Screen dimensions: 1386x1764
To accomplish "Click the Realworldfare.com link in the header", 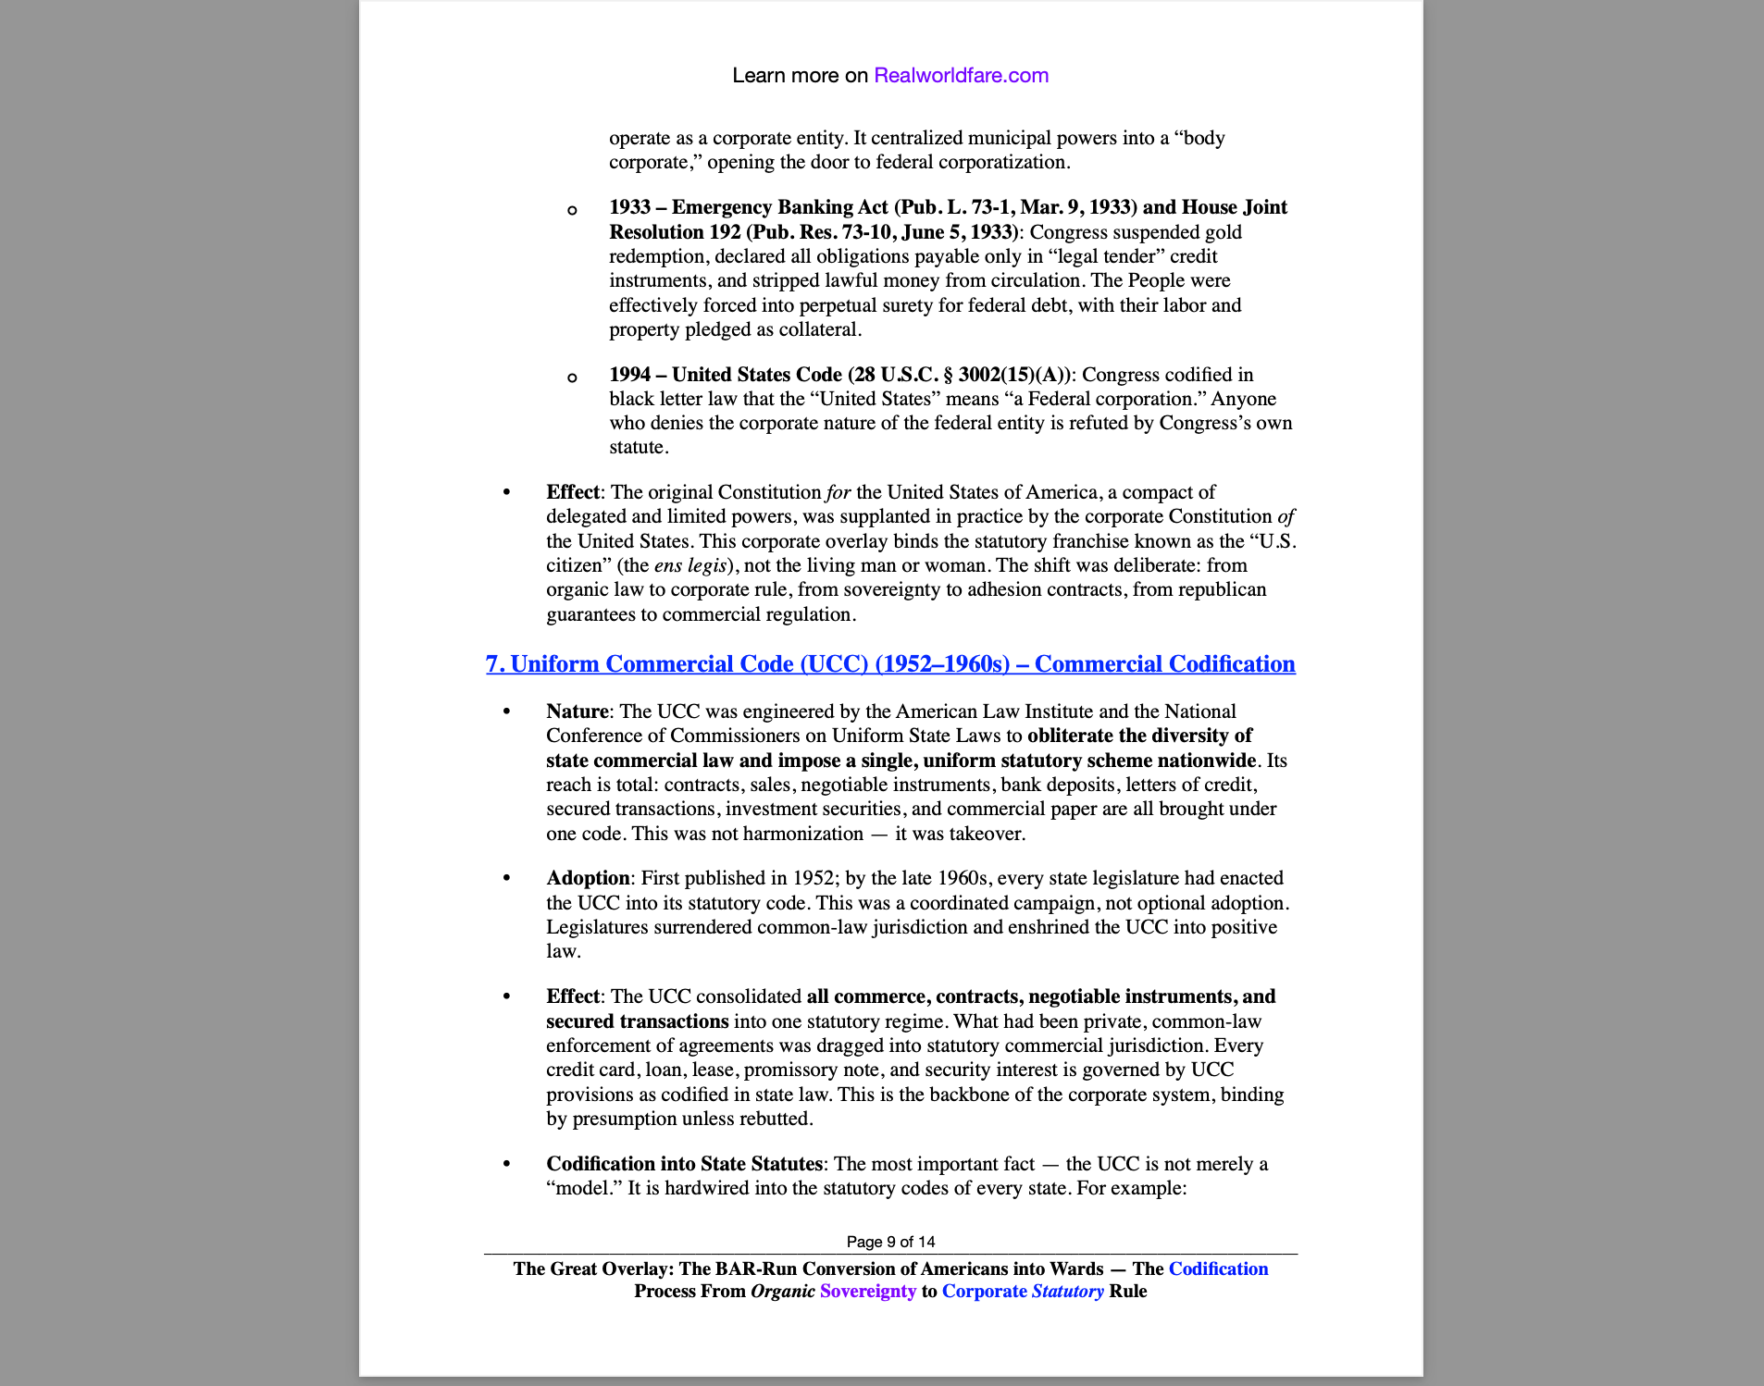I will (x=961, y=76).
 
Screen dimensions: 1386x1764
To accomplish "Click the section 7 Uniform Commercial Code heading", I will (x=890, y=664).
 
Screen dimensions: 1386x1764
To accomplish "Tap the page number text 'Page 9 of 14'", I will (x=890, y=1242).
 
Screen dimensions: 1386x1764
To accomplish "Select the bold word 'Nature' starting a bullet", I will (x=577, y=712).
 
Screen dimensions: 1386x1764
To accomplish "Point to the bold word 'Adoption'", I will (x=588, y=878).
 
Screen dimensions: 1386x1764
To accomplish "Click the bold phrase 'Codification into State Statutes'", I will (x=684, y=1164).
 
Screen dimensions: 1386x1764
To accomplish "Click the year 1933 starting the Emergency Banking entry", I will (x=629, y=207).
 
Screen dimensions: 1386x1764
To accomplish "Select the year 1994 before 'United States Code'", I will (x=629, y=375).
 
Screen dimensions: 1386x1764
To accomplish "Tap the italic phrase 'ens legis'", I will (x=689, y=565).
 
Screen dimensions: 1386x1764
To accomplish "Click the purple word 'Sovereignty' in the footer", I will (x=867, y=1292).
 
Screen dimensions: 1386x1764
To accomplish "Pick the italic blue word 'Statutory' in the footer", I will (x=1067, y=1292).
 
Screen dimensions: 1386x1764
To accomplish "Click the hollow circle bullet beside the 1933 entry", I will (x=572, y=210).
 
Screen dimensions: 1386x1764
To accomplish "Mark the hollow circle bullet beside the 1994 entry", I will (x=572, y=377).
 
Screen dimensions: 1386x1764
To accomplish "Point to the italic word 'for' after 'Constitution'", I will (x=839, y=492).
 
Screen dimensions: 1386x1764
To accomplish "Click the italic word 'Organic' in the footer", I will (x=782, y=1292).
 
